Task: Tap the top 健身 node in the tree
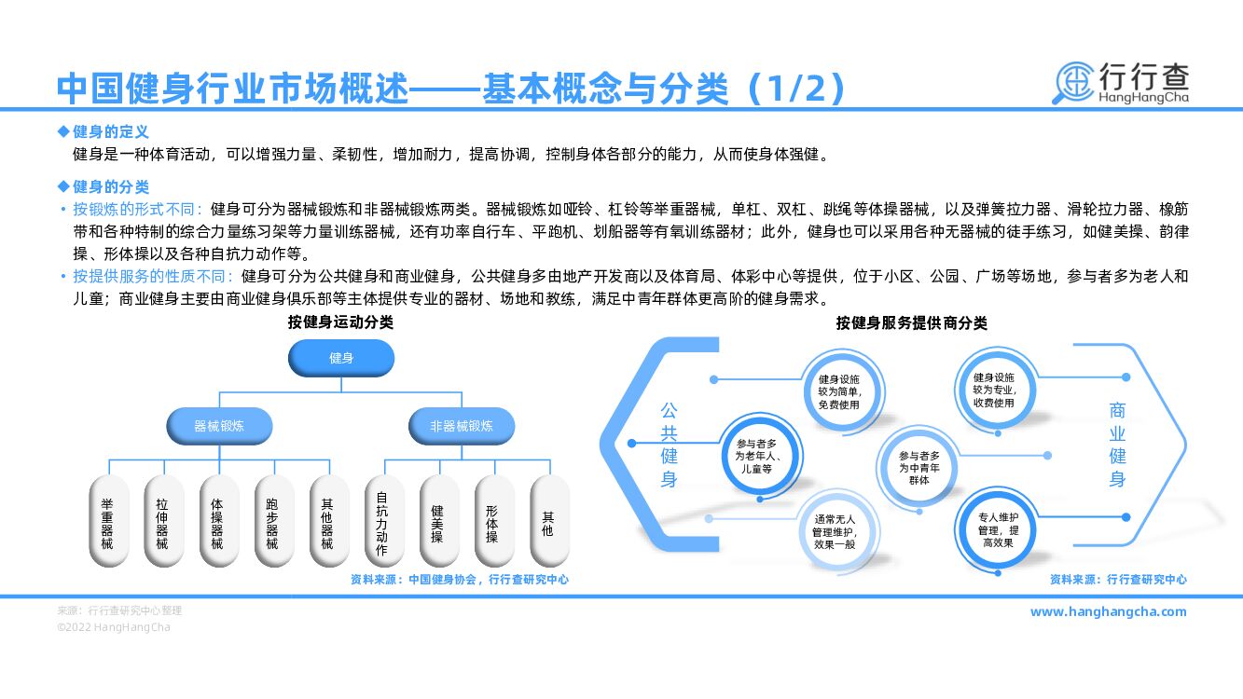tap(341, 358)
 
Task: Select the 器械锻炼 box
tap(219, 426)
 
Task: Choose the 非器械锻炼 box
tap(461, 426)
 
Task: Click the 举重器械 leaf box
tap(107, 523)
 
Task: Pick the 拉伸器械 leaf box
tap(162, 523)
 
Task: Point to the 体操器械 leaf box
tap(217, 523)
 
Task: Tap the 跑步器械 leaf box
tap(272, 523)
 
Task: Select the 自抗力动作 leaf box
tap(381, 523)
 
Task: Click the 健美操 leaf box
tap(437, 523)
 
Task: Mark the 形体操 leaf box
tap(491, 523)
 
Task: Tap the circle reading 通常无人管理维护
tap(834, 531)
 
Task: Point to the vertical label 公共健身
tap(670, 445)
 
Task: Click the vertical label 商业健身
tap(1117, 445)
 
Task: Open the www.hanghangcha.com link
tap(1108, 611)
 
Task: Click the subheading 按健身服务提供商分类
tap(911, 323)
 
